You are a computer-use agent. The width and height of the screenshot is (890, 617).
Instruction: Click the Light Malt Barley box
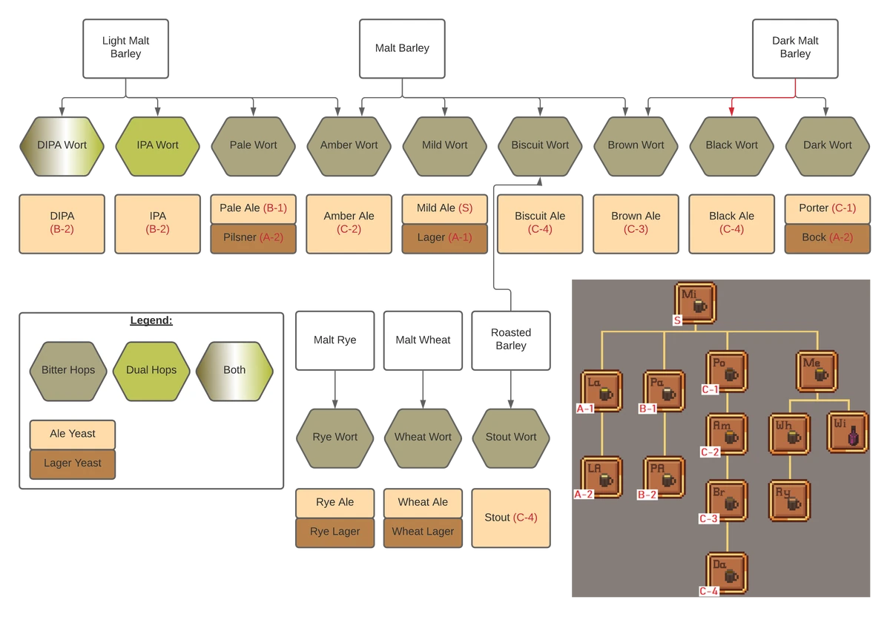[x=125, y=48]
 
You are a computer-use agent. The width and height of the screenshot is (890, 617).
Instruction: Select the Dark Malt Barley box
[x=795, y=48]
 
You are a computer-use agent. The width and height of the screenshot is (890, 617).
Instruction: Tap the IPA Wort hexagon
[x=158, y=146]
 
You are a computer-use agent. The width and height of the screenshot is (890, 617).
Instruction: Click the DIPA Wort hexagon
[x=62, y=146]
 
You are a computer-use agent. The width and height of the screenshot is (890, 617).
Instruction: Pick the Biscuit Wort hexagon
[x=540, y=146]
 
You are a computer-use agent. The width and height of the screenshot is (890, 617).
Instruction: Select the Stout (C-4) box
[x=511, y=518]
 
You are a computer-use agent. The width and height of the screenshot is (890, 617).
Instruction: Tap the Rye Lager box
[x=335, y=532]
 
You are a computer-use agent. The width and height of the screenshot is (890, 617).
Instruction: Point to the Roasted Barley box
[x=511, y=340]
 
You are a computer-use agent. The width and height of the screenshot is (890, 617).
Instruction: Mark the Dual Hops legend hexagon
[x=151, y=371]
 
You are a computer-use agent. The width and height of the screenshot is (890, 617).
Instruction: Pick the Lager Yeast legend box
[x=73, y=464]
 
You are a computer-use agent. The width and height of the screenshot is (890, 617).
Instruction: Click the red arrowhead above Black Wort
[x=731, y=112]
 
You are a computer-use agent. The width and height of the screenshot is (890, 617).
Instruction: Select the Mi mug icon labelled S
[x=696, y=303]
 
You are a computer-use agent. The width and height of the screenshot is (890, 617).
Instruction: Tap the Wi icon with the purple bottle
[x=848, y=432]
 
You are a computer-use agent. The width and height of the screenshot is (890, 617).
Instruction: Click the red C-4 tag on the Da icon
[x=709, y=591]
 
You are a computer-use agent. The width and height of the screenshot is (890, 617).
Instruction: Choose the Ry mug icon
[x=789, y=501]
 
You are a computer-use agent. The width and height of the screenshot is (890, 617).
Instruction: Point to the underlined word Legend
[x=151, y=320]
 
